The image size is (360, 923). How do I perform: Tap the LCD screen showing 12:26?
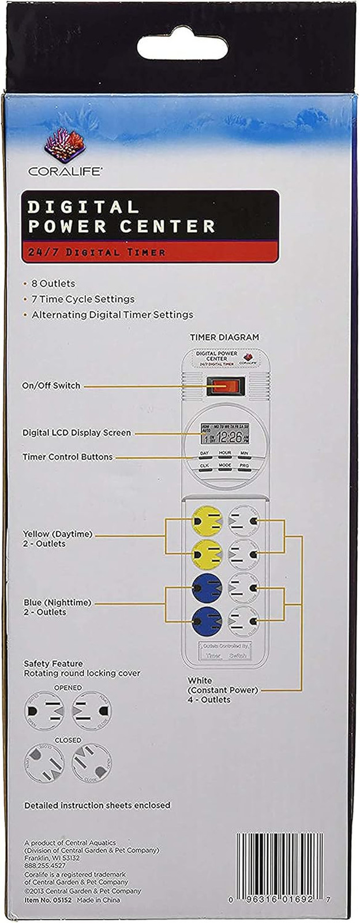click(x=224, y=433)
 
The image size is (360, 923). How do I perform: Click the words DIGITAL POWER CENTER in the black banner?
click(x=122, y=216)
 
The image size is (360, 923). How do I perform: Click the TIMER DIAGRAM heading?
click(x=224, y=337)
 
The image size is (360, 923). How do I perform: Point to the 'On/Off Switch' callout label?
click(x=51, y=385)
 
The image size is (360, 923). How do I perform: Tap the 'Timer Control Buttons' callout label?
click(x=67, y=457)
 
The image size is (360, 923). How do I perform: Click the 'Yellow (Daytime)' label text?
click(x=57, y=534)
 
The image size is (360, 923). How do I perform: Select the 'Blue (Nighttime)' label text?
click(x=57, y=603)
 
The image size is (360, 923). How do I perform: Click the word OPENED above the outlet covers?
click(x=68, y=688)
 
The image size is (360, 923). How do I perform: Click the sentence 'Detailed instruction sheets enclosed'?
click(x=97, y=805)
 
